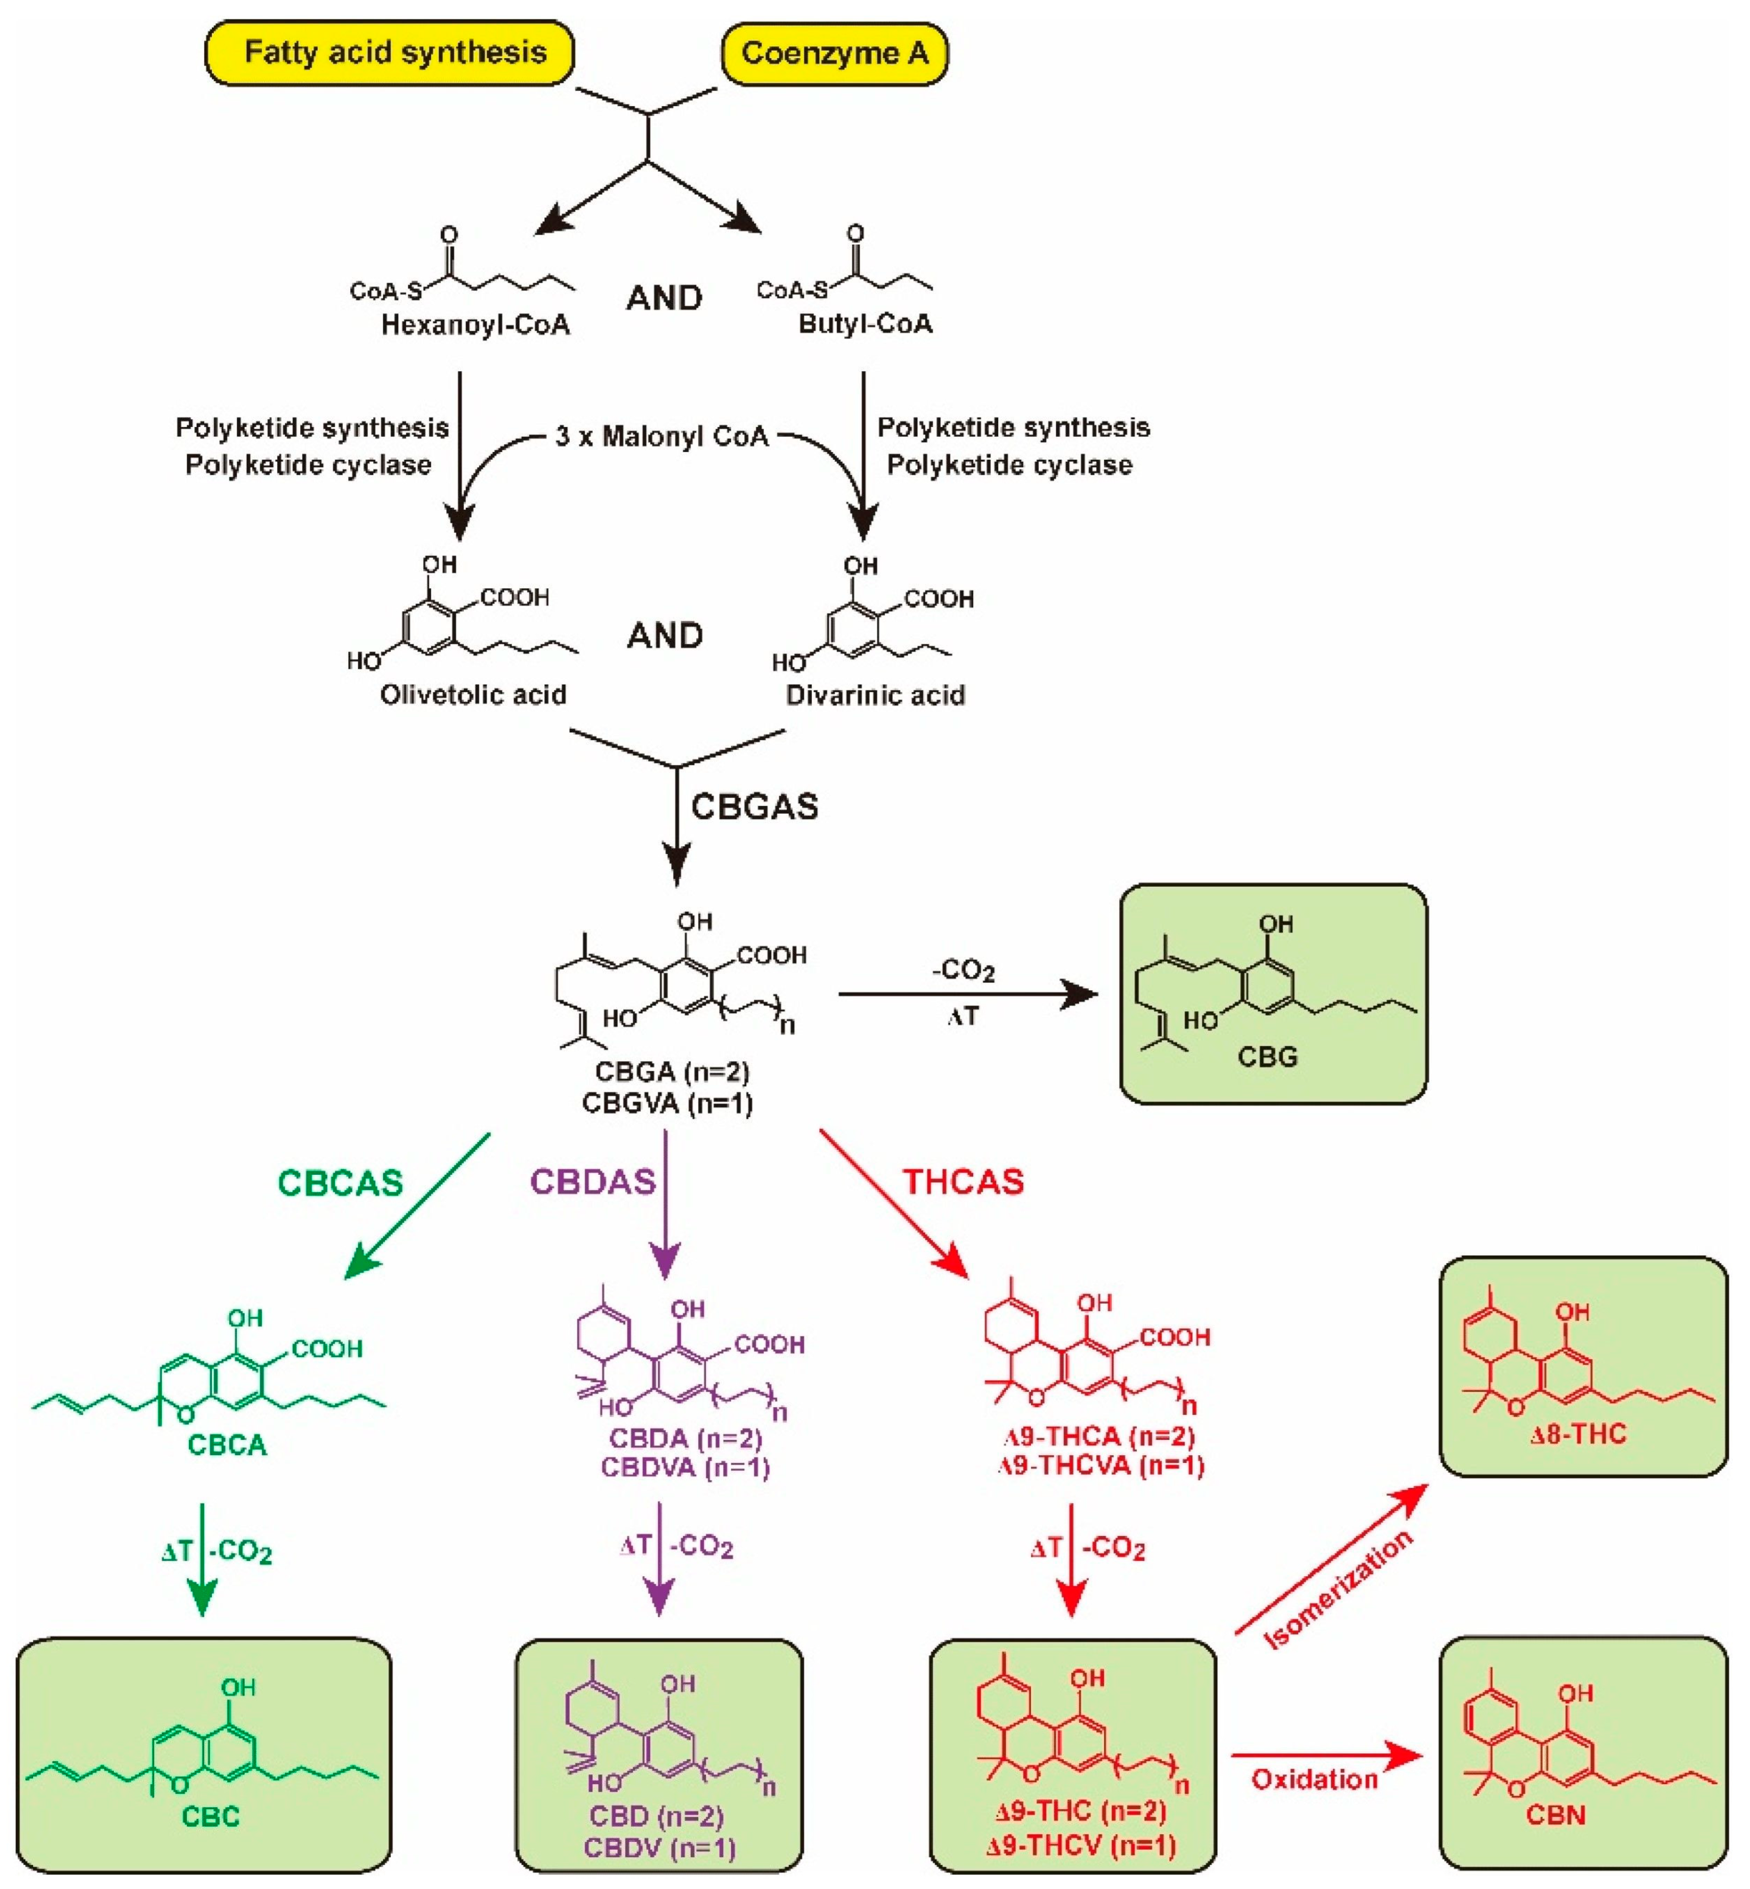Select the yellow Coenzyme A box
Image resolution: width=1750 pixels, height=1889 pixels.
834,53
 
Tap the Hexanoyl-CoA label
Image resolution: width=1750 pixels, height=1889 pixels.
475,325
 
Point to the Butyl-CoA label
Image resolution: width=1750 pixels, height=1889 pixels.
864,324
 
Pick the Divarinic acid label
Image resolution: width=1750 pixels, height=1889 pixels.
875,695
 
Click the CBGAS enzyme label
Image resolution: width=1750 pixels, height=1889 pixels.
754,807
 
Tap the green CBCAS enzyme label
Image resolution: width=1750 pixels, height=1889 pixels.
340,1183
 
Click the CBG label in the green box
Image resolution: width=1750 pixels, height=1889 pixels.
1267,1056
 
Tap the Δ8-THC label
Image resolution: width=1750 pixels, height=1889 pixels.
1577,1434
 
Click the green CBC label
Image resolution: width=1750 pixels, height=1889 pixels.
210,1816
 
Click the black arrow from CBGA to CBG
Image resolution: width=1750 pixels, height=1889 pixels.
966,994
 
